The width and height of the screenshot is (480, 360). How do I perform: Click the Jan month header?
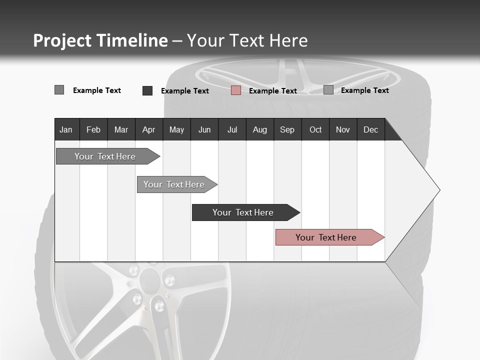click(66, 130)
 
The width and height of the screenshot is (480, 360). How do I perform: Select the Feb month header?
click(93, 130)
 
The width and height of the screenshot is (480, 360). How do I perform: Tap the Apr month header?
click(148, 130)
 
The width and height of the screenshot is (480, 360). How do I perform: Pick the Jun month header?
click(204, 130)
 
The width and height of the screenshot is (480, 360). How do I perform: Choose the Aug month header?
click(260, 130)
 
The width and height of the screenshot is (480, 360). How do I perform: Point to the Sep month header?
click(287, 130)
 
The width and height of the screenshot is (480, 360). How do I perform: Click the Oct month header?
click(315, 130)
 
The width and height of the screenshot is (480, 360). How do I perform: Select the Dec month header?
click(370, 130)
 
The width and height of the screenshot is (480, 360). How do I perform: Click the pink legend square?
click(236, 90)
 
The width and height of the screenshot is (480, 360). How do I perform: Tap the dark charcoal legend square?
click(147, 90)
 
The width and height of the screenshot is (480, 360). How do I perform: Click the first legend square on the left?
click(59, 90)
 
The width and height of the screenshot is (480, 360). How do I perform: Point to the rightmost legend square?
click(328, 90)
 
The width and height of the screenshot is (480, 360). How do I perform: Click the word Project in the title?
click(62, 41)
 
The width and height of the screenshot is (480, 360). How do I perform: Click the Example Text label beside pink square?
click(272, 91)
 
